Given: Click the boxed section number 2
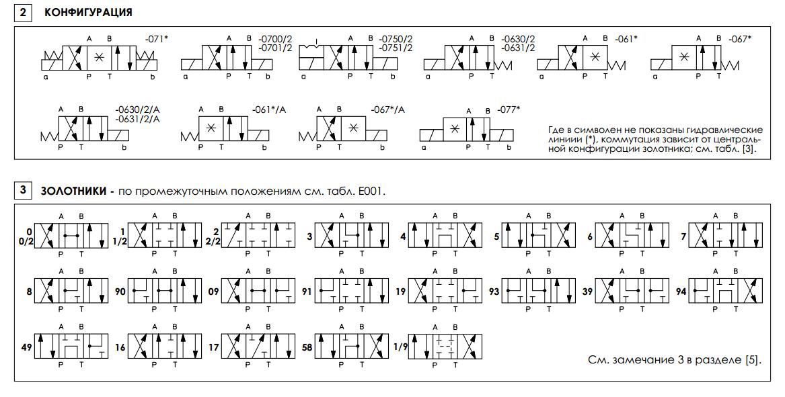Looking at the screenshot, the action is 23,13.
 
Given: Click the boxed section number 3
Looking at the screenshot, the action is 23,191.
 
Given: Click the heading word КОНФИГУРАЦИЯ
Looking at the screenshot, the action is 89,13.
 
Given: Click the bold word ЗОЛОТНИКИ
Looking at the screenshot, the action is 73,191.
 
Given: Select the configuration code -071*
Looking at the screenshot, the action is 156,39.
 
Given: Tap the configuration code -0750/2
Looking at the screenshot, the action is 396,39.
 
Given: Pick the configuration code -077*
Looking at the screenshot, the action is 509,109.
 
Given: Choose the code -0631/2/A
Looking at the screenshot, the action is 137,119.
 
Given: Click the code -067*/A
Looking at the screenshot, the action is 387,109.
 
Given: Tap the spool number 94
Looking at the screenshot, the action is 681,291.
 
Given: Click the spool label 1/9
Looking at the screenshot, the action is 400,347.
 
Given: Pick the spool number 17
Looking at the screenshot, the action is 214,347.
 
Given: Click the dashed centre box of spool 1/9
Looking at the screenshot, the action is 445,343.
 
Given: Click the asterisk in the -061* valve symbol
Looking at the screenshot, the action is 595,57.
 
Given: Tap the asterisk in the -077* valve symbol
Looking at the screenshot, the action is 455,128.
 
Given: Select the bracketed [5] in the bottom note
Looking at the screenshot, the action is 753,360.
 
